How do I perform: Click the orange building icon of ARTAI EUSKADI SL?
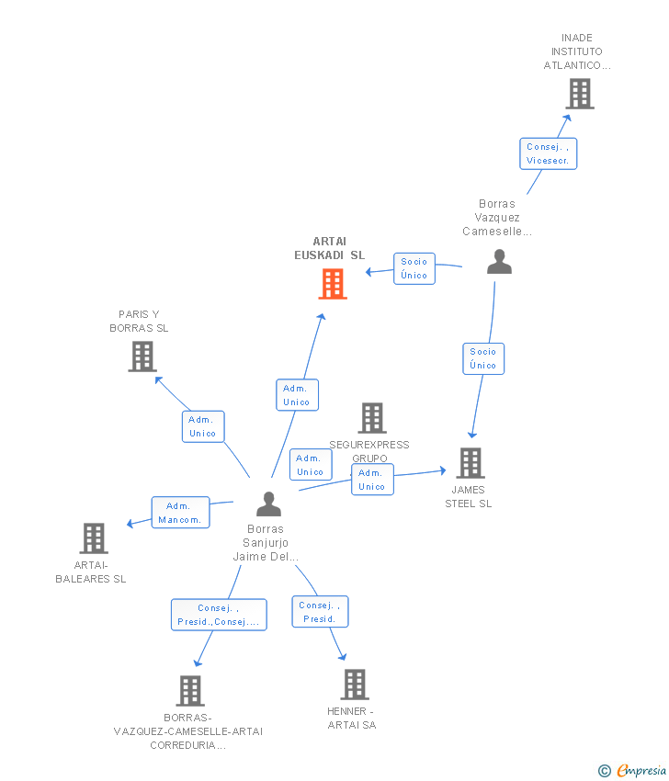tap(333, 284)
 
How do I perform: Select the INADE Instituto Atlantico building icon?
tap(579, 94)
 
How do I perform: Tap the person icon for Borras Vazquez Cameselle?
tap(499, 263)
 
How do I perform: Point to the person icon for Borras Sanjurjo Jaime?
tap(268, 504)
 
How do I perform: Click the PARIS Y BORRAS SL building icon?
tap(142, 357)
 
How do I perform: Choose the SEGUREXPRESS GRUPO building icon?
tap(371, 418)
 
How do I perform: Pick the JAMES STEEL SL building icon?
tap(470, 463)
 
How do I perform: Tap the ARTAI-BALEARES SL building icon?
tap(94, 538)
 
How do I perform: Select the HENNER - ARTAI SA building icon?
tap(355, 685)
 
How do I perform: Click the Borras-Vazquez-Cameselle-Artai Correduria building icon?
tap(189, 691)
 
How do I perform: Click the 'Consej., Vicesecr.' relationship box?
tap(549, 153)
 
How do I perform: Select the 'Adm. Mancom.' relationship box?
tap(180, 513)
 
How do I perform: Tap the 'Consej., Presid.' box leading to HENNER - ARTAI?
tap(320, 612)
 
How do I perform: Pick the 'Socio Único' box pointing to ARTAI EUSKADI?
tap(414, 268)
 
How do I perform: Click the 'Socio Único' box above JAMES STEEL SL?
tap(483, 358)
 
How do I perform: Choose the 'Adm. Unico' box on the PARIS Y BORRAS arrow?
tap(203, 426)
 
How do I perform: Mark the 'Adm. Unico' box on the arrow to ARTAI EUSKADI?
tap(297, 395)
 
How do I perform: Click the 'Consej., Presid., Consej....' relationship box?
tap(219, 615)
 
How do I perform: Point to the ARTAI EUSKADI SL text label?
tap(329, 248)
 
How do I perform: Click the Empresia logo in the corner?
tap(633, 770)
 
